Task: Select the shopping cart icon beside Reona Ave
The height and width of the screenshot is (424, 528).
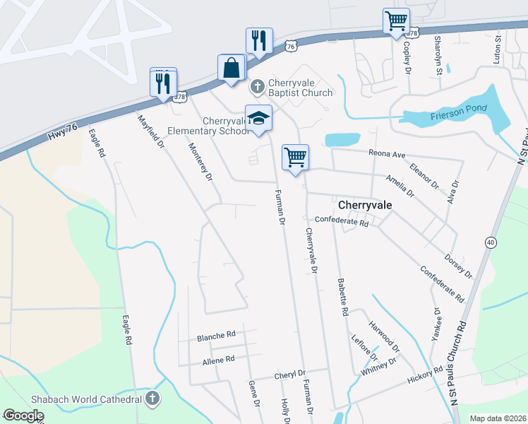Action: coord(295,157)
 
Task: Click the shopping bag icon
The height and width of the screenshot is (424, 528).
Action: coord(232,69)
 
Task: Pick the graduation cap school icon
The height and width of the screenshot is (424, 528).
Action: coord(258,117)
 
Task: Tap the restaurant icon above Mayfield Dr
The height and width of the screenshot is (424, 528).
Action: coord(163,82)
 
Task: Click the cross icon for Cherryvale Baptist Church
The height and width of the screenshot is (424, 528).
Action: coord(258,87)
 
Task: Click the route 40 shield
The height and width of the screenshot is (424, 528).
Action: coord(490,242)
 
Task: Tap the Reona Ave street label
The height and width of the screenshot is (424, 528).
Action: coord(388,154)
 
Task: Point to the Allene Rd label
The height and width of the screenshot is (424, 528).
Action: coord(218,360)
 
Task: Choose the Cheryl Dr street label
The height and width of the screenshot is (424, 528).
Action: coord(291,373)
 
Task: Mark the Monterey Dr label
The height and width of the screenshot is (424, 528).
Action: coord(200,163)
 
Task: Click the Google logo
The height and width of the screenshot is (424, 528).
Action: coord(23,416)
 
